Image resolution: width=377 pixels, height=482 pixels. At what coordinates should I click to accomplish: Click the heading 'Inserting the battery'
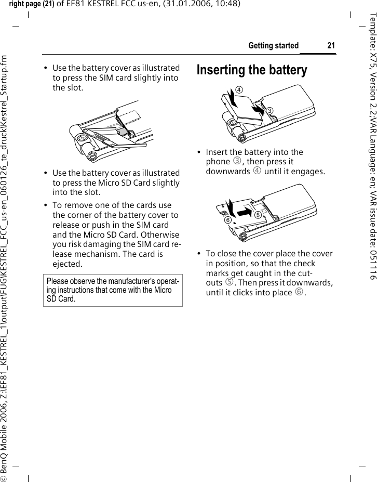click(252, 70)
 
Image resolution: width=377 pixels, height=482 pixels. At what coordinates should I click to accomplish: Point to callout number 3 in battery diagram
click(270, 111)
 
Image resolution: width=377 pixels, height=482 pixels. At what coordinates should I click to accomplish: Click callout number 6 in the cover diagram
click(227, 220)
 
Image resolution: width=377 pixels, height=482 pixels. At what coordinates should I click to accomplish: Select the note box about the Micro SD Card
click(112, 291)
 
